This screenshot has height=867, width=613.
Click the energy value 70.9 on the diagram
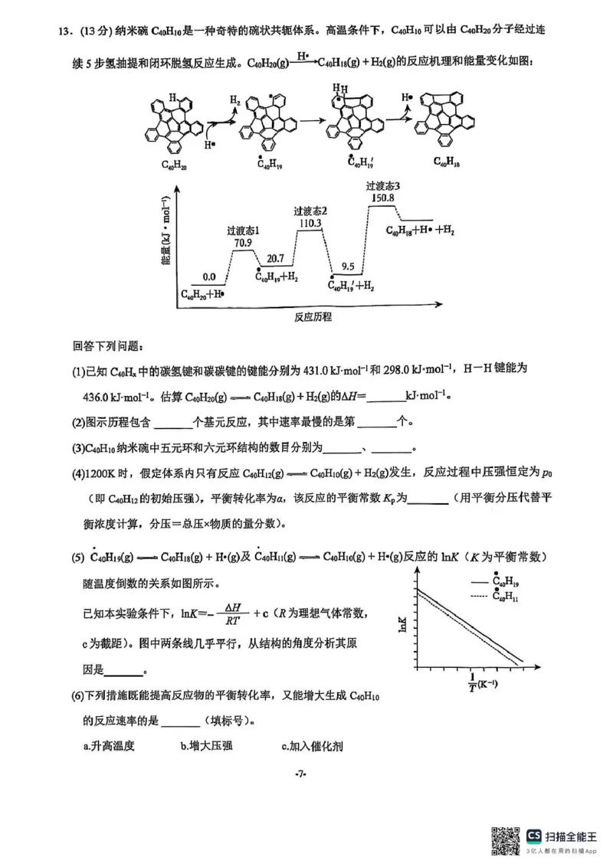242,244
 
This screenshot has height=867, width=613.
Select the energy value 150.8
382,198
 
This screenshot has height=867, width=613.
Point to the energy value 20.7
276,259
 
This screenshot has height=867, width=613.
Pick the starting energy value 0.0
208,276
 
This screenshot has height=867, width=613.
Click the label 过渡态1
244,230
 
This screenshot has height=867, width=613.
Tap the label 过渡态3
382,185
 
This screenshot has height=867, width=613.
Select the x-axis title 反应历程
313,316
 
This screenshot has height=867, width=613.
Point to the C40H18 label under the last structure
447,162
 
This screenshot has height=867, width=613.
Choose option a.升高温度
109,745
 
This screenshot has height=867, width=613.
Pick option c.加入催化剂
310,745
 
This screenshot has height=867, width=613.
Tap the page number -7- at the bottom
300,775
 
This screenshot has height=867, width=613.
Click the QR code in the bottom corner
506,841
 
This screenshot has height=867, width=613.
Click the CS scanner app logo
534,836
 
